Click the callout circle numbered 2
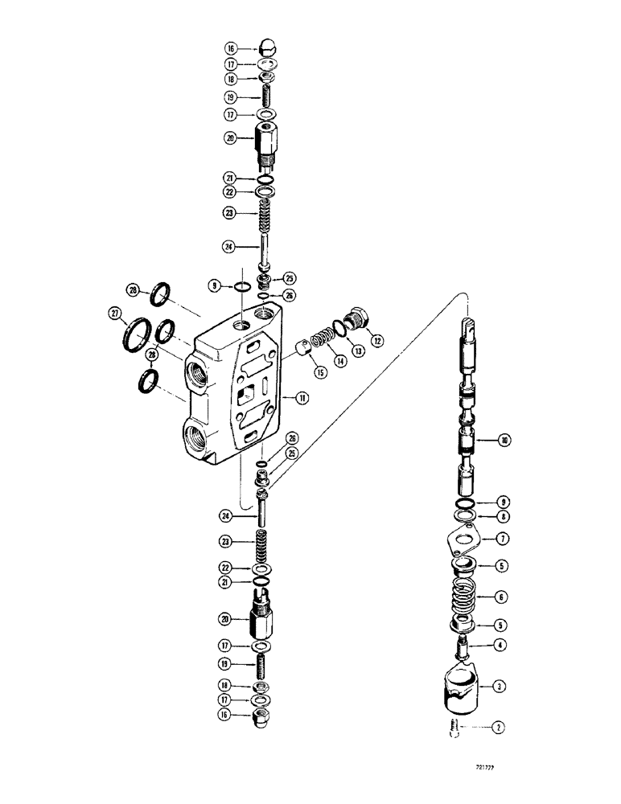[x=499, y=728]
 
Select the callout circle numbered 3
[x=499, y=686]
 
